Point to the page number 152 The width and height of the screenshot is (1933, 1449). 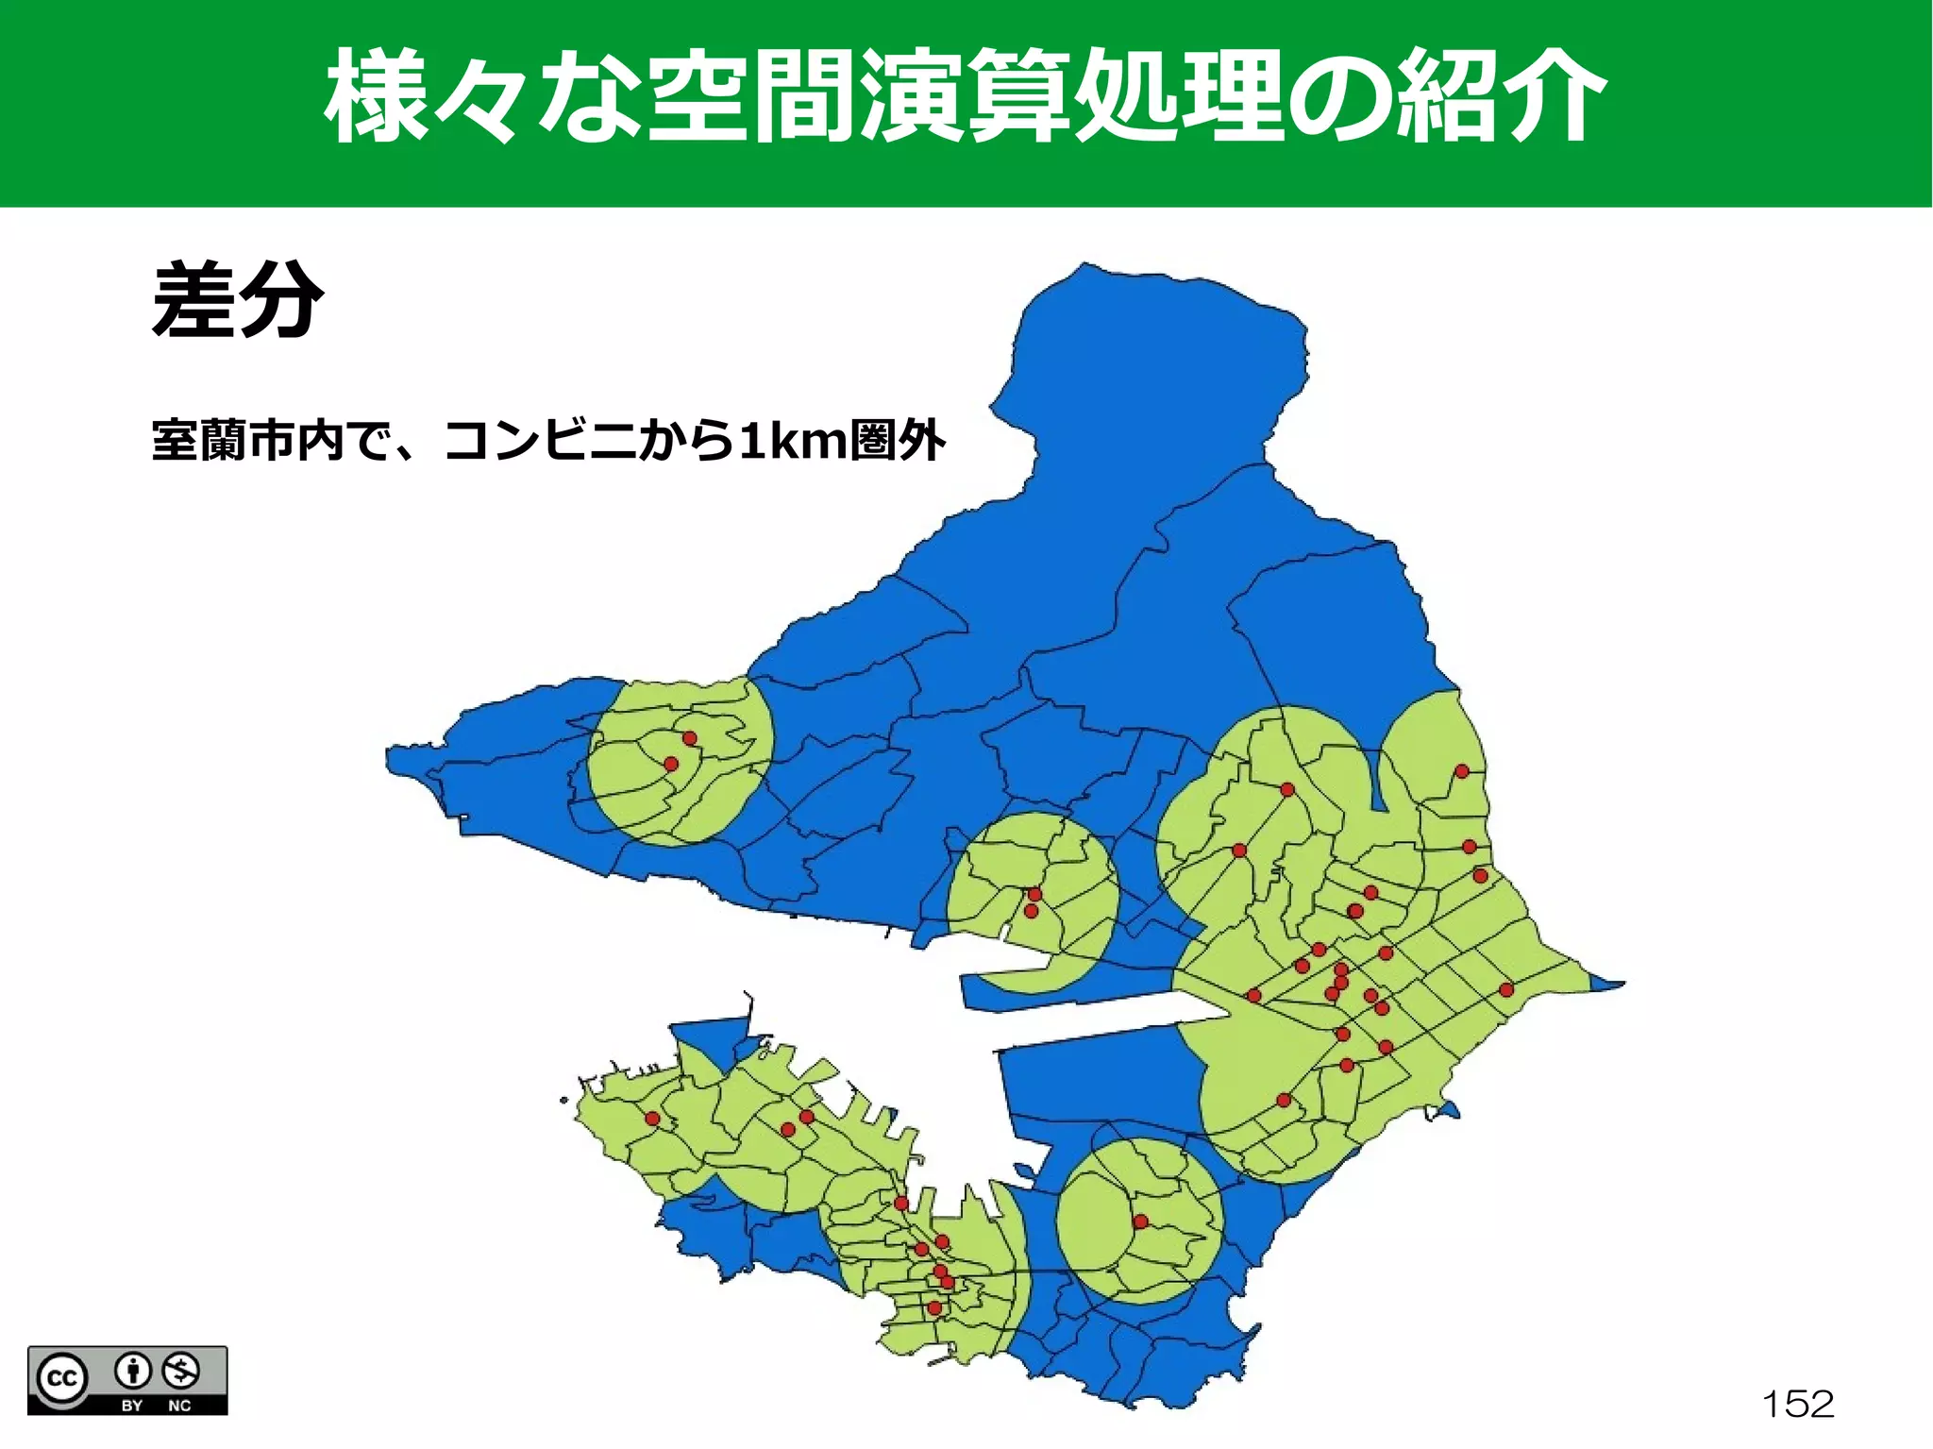coord(1798,1404)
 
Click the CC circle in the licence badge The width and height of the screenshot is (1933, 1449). coord(62,1379)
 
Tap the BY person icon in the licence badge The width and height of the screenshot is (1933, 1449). coord(133,1370)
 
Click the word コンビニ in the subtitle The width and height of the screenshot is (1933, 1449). coord(540,441)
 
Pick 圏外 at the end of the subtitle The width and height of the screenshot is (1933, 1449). coord(898,441)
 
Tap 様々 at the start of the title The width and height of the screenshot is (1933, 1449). coord(420,97)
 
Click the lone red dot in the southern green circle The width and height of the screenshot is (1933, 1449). coord(1140,1222)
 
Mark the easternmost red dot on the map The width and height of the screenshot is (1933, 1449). coord(1506,990)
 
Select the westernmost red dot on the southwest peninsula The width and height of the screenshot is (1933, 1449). coord(652,1119)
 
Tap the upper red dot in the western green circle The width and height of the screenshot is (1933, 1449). coord(690,738)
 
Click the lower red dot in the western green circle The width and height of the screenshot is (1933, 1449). coord(671,764)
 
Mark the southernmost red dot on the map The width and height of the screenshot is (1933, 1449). coord(934,1308)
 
